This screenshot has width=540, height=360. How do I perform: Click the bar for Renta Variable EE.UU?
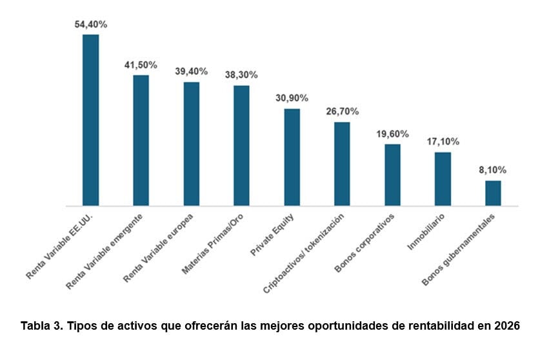(91, 120)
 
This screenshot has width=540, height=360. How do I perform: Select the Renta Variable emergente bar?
(141, 141)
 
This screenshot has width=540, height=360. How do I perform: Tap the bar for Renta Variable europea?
(191, 144)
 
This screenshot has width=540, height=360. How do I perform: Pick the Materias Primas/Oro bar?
(241, 146)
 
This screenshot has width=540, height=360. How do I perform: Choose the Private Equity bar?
(292, 157)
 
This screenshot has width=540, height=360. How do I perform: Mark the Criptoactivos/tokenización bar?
(342, 164)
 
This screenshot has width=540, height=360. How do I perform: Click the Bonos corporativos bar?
(392, 175)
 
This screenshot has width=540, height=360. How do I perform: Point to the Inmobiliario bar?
(443, 179)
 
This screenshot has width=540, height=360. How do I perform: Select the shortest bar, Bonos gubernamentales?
(493, 194)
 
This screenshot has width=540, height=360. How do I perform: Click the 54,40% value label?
(91, 25)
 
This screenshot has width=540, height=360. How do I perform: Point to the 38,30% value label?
(241, 75)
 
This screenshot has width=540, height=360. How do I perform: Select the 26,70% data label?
(342, 112)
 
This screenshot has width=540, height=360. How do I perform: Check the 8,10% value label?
(493, 170)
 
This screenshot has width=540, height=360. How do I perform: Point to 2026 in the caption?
(506, 325)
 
